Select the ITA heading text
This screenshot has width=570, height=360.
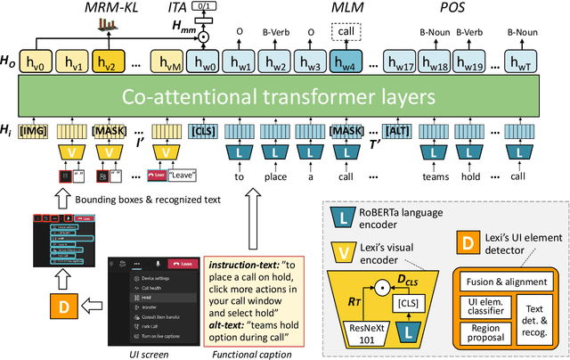[x=203, y=9]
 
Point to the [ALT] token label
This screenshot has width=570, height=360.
[x=398, y=132]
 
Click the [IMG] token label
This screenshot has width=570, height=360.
[x=37, y=132]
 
